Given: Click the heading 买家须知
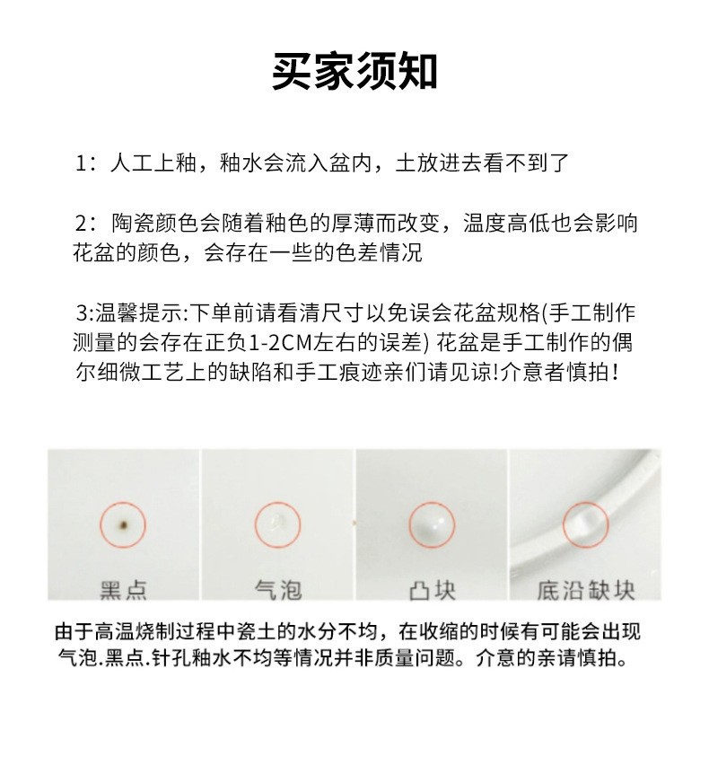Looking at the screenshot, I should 354,72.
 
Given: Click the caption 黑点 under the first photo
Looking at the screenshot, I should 123,590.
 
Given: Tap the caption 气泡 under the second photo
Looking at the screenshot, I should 278,590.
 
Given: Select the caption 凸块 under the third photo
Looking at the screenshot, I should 432,590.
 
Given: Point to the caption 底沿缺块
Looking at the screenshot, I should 586,590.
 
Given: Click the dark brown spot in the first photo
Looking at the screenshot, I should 124,522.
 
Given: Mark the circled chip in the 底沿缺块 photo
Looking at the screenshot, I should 585,522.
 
